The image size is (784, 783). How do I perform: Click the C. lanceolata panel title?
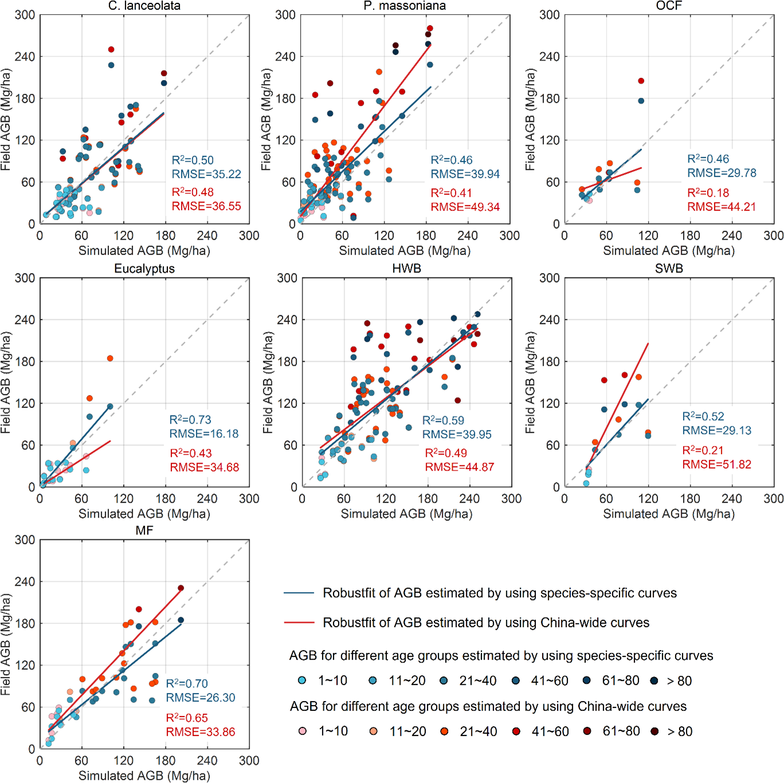(x=144, y=6)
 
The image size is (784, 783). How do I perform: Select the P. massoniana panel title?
(x=405, y=6)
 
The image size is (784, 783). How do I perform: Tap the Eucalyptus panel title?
(x=144, y=269)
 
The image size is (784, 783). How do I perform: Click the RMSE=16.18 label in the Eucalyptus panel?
(x=204, y=434)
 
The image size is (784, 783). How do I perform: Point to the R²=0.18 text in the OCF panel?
(x=708, y=193)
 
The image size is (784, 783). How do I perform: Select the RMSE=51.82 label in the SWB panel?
(x=716, y=464)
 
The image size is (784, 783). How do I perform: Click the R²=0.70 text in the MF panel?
(x=187, y=683)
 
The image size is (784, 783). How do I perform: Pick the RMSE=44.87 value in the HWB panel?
(x=459, y=467)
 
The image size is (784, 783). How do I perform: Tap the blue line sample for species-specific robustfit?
(x=299, y=593)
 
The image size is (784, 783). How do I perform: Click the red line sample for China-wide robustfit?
(x=299, y=623)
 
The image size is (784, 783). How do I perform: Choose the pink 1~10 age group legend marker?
(x=303, y=731)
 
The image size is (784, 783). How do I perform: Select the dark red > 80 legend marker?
(x=654, y=731)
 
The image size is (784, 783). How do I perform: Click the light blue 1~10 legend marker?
(x=302, y=680)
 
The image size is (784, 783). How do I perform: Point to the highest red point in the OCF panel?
(x=641, y=81)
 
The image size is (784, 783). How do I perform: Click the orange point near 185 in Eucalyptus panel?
(x=110, y=358)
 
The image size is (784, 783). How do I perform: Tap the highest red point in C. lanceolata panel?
(x=111, y=50)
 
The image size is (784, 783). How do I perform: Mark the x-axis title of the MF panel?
(x=144, y=776)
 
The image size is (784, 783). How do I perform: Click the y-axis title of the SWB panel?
(x=530, y=382)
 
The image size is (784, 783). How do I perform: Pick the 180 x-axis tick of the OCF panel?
(x=690, y=236)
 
